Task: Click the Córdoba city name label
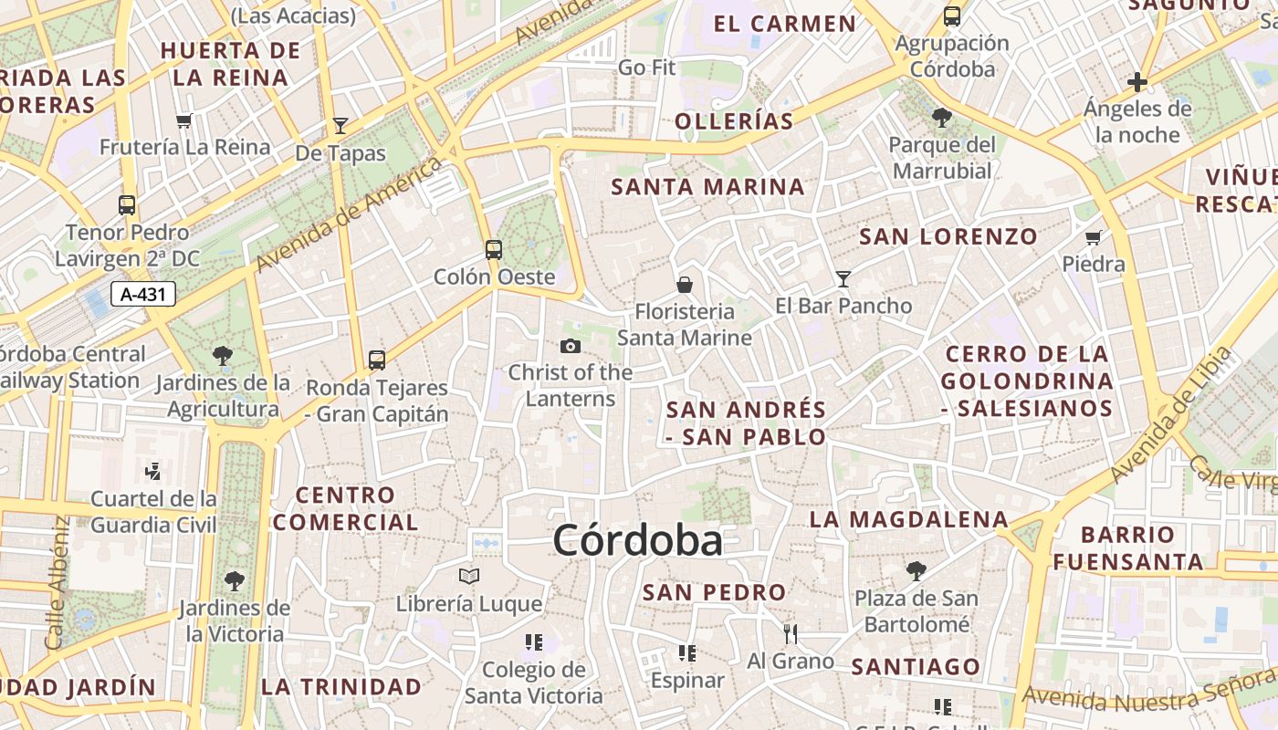pyautogui.click(x=637, y=540)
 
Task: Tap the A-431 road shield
pyautogui.click(x=142, y=294)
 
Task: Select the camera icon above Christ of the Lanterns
pyautogui.click(x=571, y=346)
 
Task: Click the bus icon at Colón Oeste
pyautogui.click(x=494, y=249)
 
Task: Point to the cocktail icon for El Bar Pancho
pyautogui.click(x=843, y=278)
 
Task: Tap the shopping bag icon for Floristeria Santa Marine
pyautogui.click(x=685, y=285)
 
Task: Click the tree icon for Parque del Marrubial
pyautogui.click(x=942, y=118)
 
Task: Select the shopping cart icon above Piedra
pyautogui.click(x=1094, y=237)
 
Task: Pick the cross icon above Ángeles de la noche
pyautogui.click(x=1137, y=83)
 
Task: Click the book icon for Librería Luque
pyautogui.click(x=469, y=577)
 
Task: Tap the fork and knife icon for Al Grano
pyautogui.click(x=791, y=633)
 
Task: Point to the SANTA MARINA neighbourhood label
pyautogui.click(x=708, y=187)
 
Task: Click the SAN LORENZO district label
pyautogui.click(x=948, y=237)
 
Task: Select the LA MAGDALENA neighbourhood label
pyautogui.click(x=909, y=519)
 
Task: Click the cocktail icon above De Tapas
pyautogui.click(x=340, y=126)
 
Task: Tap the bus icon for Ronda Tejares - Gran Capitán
pyautogui.click(x=377, y=360)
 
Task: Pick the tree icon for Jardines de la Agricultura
pyautogui.click(x=222, y=355)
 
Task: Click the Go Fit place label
pyautogui.click(x=646, y=68)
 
